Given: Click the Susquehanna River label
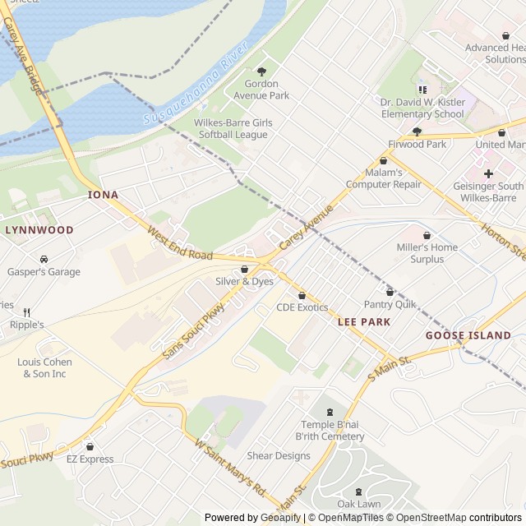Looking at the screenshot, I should pos(196,85).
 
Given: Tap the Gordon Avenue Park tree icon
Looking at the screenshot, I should pos(262,72).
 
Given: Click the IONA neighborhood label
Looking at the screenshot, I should pos(104,195).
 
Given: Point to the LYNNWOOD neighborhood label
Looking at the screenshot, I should pos(39,230).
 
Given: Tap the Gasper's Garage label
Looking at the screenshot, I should pos(44,272).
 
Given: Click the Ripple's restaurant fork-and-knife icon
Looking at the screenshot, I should pos(26,312).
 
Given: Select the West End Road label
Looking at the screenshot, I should pos(180,244).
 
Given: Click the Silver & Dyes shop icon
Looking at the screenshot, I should pos(244,270).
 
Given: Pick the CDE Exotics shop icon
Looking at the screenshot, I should pos(302,295).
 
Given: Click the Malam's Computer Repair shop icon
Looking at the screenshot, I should pos(384,161).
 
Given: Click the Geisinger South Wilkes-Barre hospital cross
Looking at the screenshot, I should pos(489,173).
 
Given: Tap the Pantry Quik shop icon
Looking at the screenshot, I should pos(390,292).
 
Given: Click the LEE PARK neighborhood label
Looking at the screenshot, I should pos(363,322).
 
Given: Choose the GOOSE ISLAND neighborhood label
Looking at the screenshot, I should pos(468,335).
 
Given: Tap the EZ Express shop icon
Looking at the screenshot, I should pos(90,447).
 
